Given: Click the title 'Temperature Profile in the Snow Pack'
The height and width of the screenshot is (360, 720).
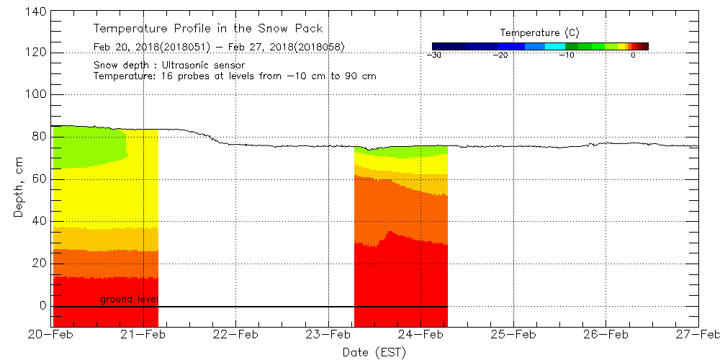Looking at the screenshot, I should pos(207,29).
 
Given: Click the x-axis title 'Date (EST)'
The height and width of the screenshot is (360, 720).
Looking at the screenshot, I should pos(374,352).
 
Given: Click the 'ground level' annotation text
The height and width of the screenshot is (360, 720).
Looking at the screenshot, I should pos(129,299).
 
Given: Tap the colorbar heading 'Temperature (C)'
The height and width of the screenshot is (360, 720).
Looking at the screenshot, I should pos(539,33).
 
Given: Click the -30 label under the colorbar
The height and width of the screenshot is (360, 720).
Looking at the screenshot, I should pos(434,55).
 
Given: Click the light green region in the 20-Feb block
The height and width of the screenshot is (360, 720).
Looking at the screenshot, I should pos(86,148).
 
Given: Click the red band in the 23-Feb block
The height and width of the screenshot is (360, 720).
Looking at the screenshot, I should pos(400,281).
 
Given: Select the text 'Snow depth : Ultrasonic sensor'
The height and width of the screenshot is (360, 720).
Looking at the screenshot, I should pos(169,66).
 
